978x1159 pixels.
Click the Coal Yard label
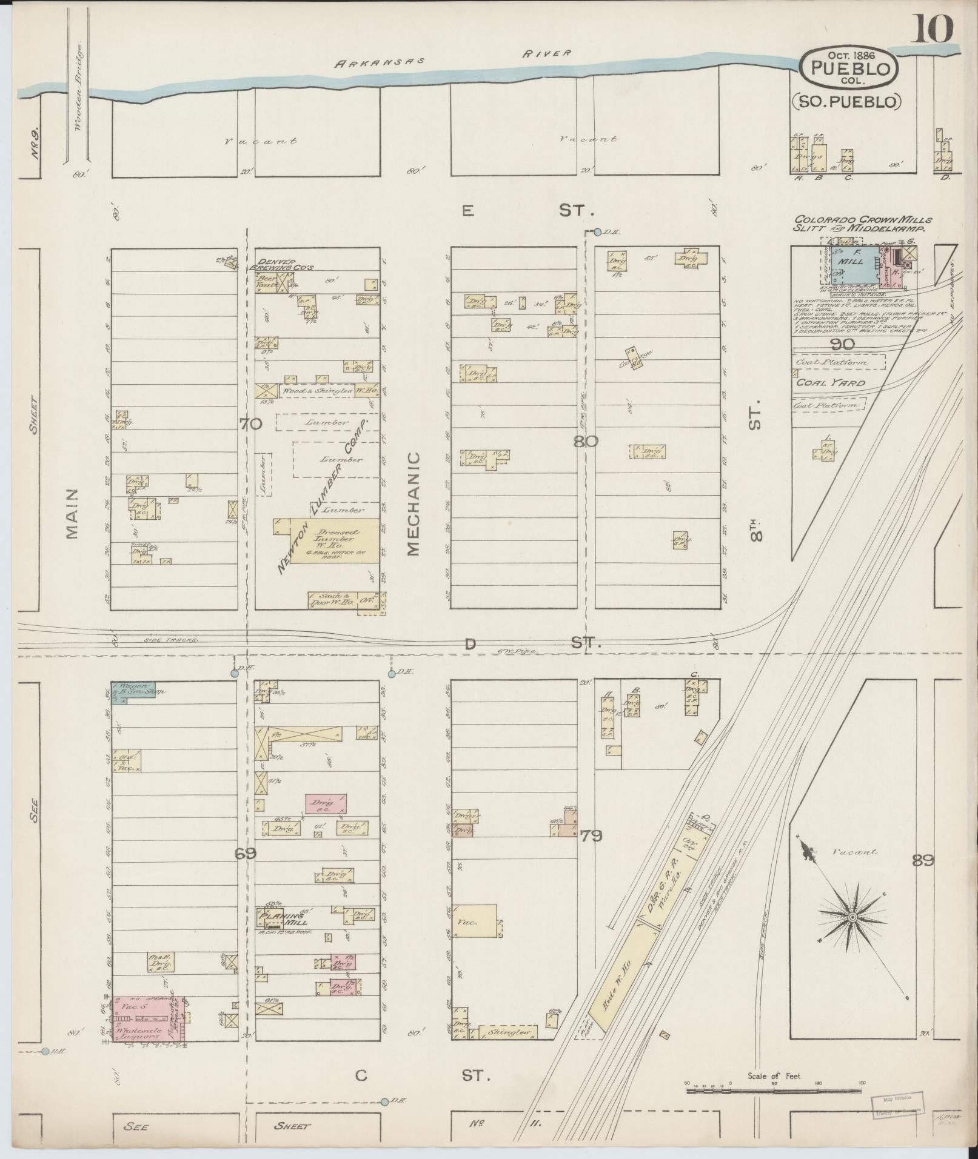click(821, 383)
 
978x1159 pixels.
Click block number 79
click(591, 836)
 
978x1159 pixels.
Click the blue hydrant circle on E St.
click(597, 232)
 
